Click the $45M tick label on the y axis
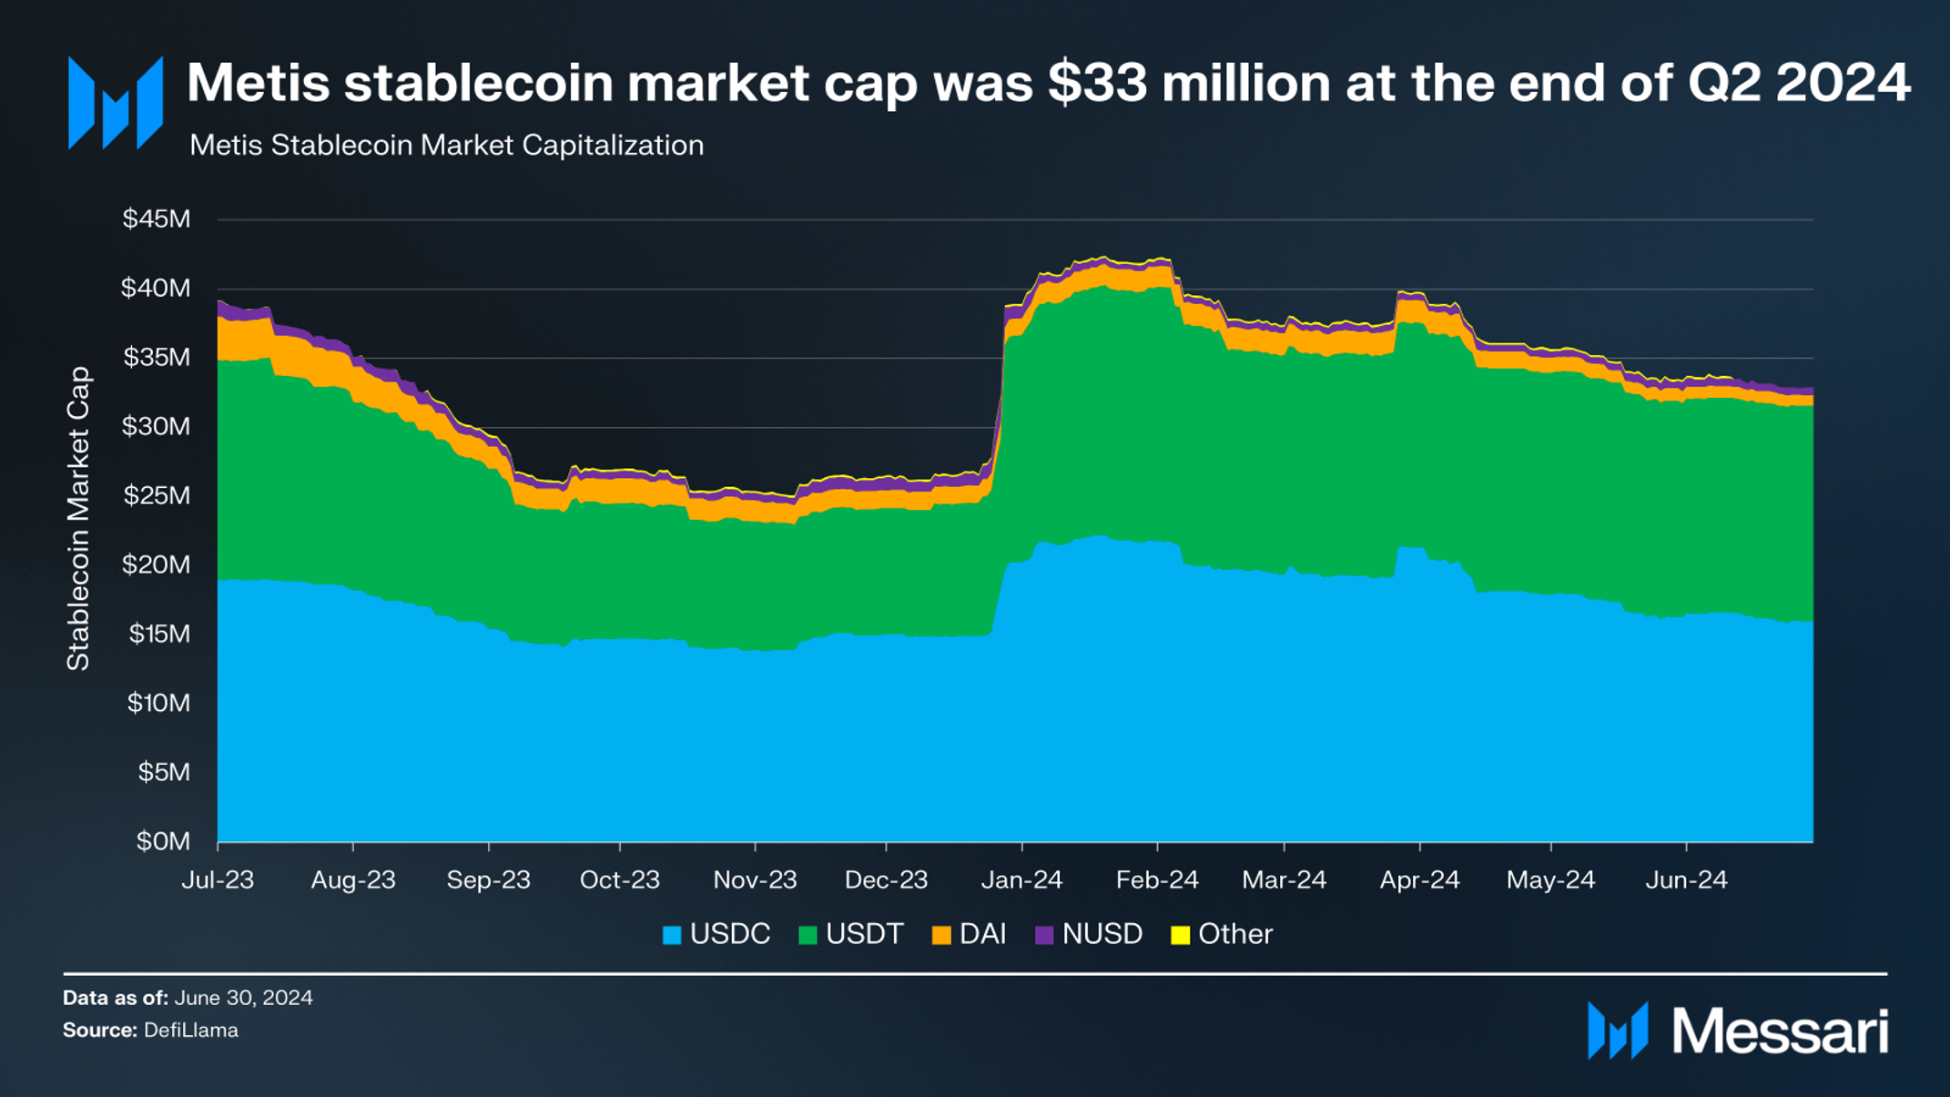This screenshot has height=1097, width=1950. [157, 219]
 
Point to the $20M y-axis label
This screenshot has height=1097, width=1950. [157, 565]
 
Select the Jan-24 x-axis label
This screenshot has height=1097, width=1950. [1021, 880]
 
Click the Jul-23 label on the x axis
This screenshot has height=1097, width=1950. [218, 880]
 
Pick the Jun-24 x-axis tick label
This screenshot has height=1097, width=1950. [1686, 880]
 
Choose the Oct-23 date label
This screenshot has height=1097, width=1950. [619, 880]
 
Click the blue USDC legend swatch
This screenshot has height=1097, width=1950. [672, 935]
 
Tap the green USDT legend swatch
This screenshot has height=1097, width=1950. [807, 935]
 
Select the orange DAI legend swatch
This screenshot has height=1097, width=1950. [941, 935]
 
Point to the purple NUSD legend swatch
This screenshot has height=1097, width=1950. [1044, 935]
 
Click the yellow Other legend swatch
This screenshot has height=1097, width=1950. [1180, 935]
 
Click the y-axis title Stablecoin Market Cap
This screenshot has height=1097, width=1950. [79, 519]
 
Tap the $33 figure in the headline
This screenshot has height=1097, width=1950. [1097, 84]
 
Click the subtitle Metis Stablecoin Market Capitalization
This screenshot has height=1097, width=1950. [446, 146]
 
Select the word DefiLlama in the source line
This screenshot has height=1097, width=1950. [191, 1031]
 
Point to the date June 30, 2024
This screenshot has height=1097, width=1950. [243, 998]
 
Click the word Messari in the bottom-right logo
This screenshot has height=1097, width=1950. [1780, 1032]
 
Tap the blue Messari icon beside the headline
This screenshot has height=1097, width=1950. [116, 103]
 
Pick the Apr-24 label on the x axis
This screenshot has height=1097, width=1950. [1419, 880]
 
